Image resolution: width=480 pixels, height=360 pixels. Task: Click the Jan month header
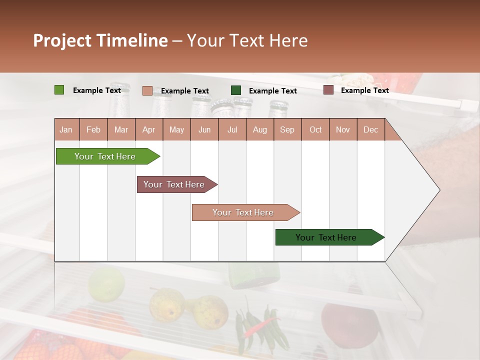point(66,130)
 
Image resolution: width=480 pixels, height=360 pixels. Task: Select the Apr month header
point(148,130)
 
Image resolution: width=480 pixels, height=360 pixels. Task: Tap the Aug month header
point(259,130)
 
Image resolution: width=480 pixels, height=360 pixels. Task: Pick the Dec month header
point(370,130)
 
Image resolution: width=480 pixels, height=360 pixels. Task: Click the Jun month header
point(204,130)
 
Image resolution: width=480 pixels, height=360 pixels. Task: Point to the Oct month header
point(315,130)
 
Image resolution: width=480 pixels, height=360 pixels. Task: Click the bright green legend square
point(59,90)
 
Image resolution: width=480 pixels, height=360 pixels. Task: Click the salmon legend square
point(147,90)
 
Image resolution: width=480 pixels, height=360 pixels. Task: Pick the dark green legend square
point(235,90)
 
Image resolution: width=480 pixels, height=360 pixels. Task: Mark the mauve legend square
point(328,90)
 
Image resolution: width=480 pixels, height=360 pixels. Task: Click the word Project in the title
point(62,40)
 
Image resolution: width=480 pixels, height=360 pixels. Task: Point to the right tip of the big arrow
point(439,190)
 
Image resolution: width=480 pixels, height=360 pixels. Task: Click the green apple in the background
point(106,283)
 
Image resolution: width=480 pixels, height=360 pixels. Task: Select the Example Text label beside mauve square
point(364,90)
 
